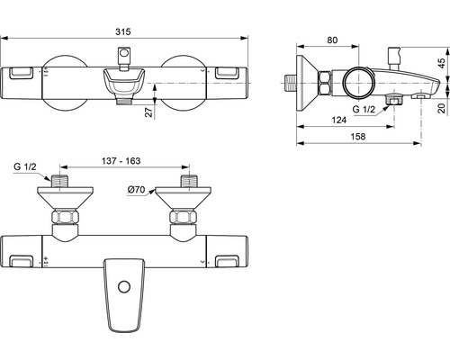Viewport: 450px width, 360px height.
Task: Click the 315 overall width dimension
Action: click(x=123, y=31)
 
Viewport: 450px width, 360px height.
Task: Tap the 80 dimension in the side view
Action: click(x=332, y=40)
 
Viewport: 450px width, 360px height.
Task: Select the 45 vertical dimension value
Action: click(x=442, y=63)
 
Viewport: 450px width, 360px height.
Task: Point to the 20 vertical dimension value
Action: click(x=442, y=108)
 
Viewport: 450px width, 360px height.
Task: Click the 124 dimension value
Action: click(x=339, y=120)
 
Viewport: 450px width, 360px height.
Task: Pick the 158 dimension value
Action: click(x=358, y=137)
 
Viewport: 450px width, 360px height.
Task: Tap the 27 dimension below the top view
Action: click(x=148, y=112)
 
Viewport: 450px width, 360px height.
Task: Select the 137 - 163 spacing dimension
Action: click(x=121, y=161)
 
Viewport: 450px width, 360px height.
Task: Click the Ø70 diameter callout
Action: click(x=136, y=190)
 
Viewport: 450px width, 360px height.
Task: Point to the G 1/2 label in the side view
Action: click(x=364, y=109)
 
